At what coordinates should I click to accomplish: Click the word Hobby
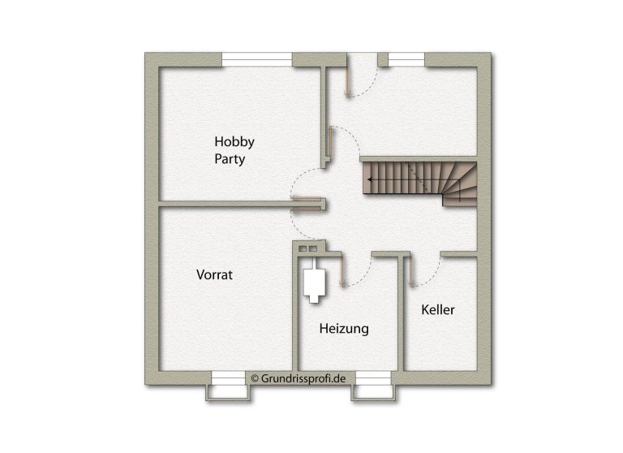tap(234, 142)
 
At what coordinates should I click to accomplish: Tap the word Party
tap(230, 158)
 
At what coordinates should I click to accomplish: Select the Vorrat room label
tap(214, 275)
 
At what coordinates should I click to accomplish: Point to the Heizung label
tap(344, 329)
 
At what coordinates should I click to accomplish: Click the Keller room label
tap(438, 310)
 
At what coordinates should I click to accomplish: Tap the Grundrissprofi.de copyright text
tap(299, 378)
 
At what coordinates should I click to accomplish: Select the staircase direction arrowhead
tap(370, 179)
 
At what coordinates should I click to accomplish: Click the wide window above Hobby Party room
tap(256, 59)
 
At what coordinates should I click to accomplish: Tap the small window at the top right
tap(406, 59)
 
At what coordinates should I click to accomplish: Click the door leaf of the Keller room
tap(412, 271)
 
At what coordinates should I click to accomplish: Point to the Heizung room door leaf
tap(342, 271)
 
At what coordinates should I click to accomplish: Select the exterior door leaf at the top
tap(347, 82)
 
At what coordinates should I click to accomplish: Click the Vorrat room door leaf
tap(306, 209)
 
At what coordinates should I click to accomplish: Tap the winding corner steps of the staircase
tap(460, 185)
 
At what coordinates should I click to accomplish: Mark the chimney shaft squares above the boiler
tap(308, 249)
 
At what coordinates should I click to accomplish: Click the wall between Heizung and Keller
tap(401, 314)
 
